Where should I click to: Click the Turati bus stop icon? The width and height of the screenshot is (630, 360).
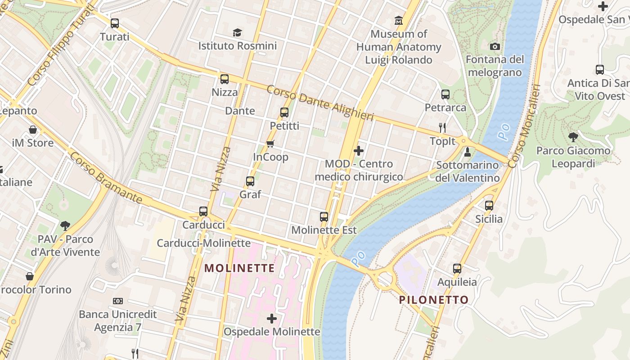point(115,23)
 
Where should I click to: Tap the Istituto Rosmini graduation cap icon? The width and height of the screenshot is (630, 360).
point(237,32)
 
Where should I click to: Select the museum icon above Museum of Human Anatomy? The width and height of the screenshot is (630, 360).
point(399,21)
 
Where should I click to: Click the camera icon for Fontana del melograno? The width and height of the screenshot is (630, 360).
point(495,46)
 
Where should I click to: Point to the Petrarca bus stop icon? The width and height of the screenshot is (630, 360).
point(445,94)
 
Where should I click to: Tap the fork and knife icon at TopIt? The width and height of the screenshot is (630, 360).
point(442,128)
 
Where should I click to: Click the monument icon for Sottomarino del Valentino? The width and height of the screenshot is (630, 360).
point(468,152)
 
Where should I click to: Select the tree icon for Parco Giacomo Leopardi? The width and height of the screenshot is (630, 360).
point(573,137)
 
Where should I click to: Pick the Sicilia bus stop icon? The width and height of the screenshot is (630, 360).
point(489,206)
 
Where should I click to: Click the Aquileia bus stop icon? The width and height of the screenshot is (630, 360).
point(457,269)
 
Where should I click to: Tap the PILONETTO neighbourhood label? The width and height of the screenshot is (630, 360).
point(434,300)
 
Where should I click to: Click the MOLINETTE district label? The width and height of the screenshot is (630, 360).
point(239,268)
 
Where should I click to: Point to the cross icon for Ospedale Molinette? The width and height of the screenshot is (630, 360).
point(272,319)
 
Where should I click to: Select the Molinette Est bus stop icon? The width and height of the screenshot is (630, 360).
point(324,217)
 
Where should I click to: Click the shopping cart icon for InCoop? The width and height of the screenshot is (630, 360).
point(270,144)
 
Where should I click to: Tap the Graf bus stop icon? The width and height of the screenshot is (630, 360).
point(250,181)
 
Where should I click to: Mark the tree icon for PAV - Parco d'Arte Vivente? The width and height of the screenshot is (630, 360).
point(65,225)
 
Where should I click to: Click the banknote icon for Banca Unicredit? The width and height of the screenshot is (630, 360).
point(118,301)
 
